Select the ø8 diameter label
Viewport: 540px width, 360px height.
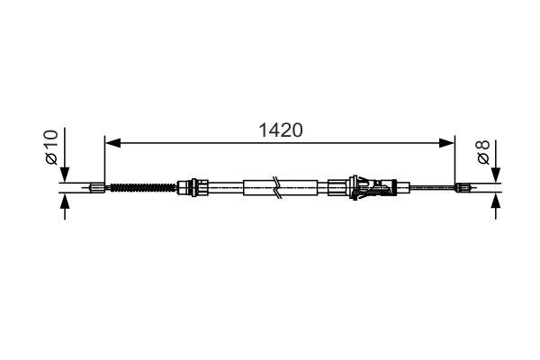483,153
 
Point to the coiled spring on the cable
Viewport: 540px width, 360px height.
143,188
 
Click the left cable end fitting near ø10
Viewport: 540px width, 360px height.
97,188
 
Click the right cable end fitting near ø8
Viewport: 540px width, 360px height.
464,188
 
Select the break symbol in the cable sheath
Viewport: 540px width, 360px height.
280,188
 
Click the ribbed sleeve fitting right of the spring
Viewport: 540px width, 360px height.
190,188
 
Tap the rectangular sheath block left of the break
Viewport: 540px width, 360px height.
259,188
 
